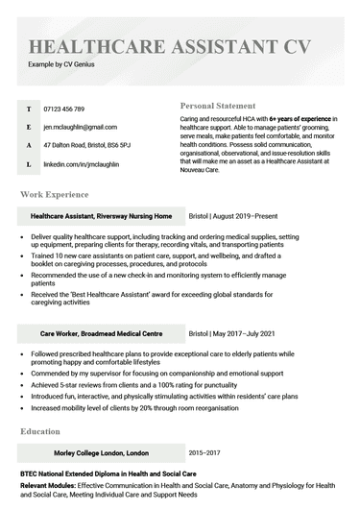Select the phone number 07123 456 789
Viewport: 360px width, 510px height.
click(64, 109)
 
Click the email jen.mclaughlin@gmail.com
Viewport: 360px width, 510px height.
click(81, 127)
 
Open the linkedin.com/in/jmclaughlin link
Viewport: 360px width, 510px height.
click(83, 164)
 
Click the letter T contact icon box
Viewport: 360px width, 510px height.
click(29, 109)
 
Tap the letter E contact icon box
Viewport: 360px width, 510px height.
click(29, 127)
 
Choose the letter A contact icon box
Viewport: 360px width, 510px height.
click(29, 145)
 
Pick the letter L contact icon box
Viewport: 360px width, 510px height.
click(29, 164)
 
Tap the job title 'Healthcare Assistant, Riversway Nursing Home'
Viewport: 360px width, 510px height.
click(102, 216)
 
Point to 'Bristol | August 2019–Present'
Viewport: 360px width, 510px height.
click(238, 216)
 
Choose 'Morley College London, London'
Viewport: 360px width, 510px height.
click(102, 452)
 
